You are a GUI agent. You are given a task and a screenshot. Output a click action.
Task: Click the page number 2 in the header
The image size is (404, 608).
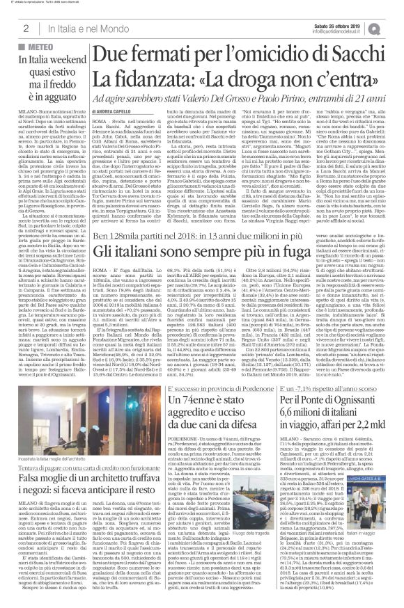25,27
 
